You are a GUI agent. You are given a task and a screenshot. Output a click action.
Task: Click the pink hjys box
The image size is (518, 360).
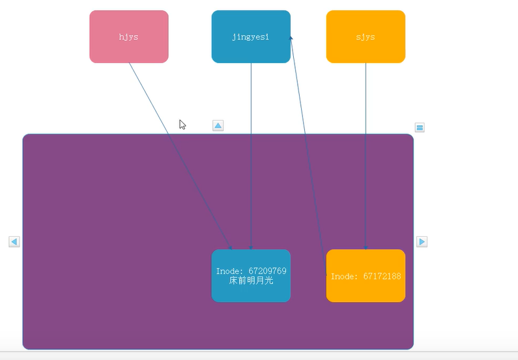129,36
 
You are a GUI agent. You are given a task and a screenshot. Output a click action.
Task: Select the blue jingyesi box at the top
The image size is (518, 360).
251,36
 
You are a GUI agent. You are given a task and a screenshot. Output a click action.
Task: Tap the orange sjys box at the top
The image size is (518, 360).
366,36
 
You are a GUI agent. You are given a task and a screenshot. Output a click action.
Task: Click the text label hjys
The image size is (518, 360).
128,37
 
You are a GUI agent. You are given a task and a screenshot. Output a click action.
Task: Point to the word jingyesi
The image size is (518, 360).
251,37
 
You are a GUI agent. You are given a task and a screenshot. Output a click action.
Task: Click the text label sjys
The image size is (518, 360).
366,37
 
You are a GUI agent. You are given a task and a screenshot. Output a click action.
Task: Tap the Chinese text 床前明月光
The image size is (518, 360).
251,281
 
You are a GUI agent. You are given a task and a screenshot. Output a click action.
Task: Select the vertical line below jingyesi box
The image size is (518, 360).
251,156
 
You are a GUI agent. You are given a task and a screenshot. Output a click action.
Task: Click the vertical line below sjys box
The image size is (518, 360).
366,156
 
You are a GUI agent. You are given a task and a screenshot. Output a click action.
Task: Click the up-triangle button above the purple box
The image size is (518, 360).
218,125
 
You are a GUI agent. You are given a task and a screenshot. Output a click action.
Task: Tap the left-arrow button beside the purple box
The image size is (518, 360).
14,242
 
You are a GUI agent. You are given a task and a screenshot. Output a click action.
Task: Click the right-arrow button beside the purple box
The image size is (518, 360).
422,242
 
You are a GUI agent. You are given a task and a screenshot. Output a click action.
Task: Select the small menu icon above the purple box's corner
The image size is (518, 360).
420,128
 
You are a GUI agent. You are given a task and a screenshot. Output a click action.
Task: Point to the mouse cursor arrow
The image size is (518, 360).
182,124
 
